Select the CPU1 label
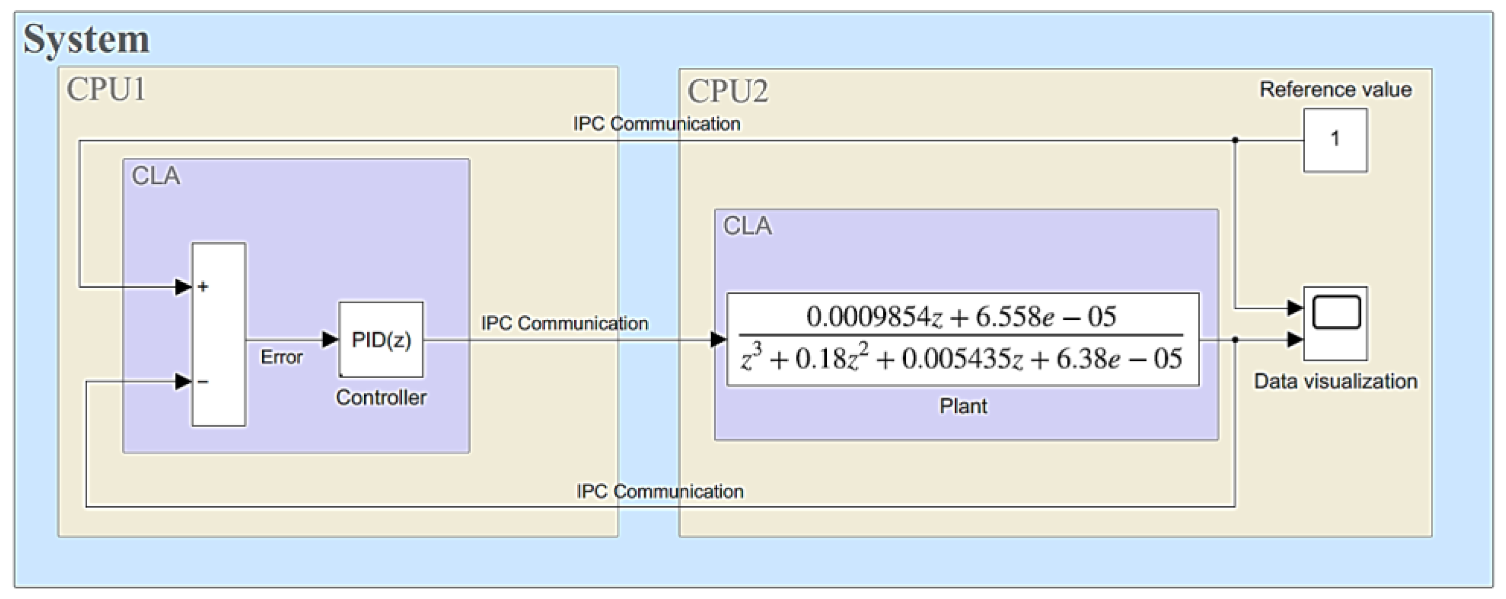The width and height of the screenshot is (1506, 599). [106, 89]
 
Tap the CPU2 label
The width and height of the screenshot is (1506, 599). [727, 91]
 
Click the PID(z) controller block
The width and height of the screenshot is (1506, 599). [381, 339]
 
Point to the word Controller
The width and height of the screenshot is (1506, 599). [380, 398]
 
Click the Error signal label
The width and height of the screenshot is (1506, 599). [281, 357]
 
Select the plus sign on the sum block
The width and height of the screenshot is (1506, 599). [203, 287]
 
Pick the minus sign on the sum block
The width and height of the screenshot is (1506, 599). [203, 382]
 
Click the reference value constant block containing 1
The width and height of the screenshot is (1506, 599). [1335, 140]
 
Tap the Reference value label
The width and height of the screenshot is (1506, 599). [1335, 89]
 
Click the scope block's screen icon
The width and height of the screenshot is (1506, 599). [1336, 313]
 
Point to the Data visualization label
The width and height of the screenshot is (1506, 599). [1335, 381]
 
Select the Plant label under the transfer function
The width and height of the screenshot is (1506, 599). [963, 406]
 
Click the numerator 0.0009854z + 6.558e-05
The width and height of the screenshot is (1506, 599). [961, 316]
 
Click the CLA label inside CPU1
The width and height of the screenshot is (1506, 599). [156, 176]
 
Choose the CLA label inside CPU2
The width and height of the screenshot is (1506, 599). [747, 226]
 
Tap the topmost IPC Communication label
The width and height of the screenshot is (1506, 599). [656, 124]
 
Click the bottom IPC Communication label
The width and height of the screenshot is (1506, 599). [660, 491]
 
